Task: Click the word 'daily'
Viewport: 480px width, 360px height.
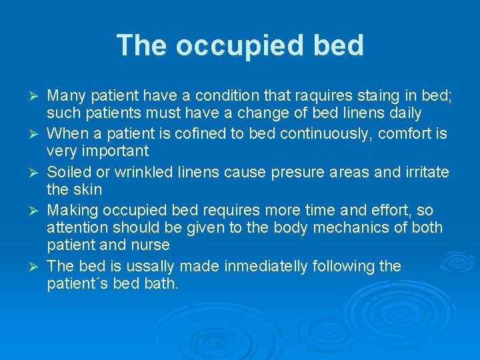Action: (x=401, y=114)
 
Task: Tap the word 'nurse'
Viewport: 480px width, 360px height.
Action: (x=152, y=245)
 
